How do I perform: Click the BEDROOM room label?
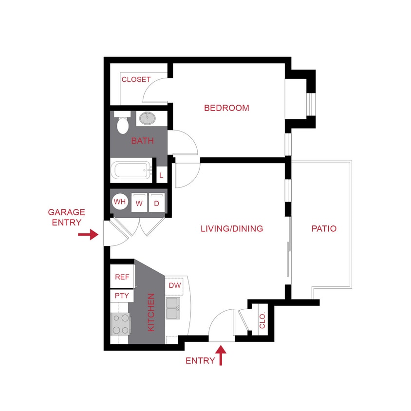[x=226, y=108]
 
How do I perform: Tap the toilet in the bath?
[x=123, y=124]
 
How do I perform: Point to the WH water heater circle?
[x=120, y=201]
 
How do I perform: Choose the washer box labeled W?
[x=139, y=203]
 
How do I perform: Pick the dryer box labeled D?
[x=157, y=203]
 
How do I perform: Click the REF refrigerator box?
[x=122, y=277]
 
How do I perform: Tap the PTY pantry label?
[x=121, y=296]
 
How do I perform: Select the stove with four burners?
[x=121, y=324]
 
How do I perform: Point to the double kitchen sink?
[x=172, y=308]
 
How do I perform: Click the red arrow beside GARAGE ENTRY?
[x=88, y=235]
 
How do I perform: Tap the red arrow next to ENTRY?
[x=222, y=355]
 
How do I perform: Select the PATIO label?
[x=324, y=228]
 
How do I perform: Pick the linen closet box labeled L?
[x=161, y=174]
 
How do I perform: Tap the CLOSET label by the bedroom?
[x=136, y=79]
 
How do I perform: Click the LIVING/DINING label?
[x=232, y=228]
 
